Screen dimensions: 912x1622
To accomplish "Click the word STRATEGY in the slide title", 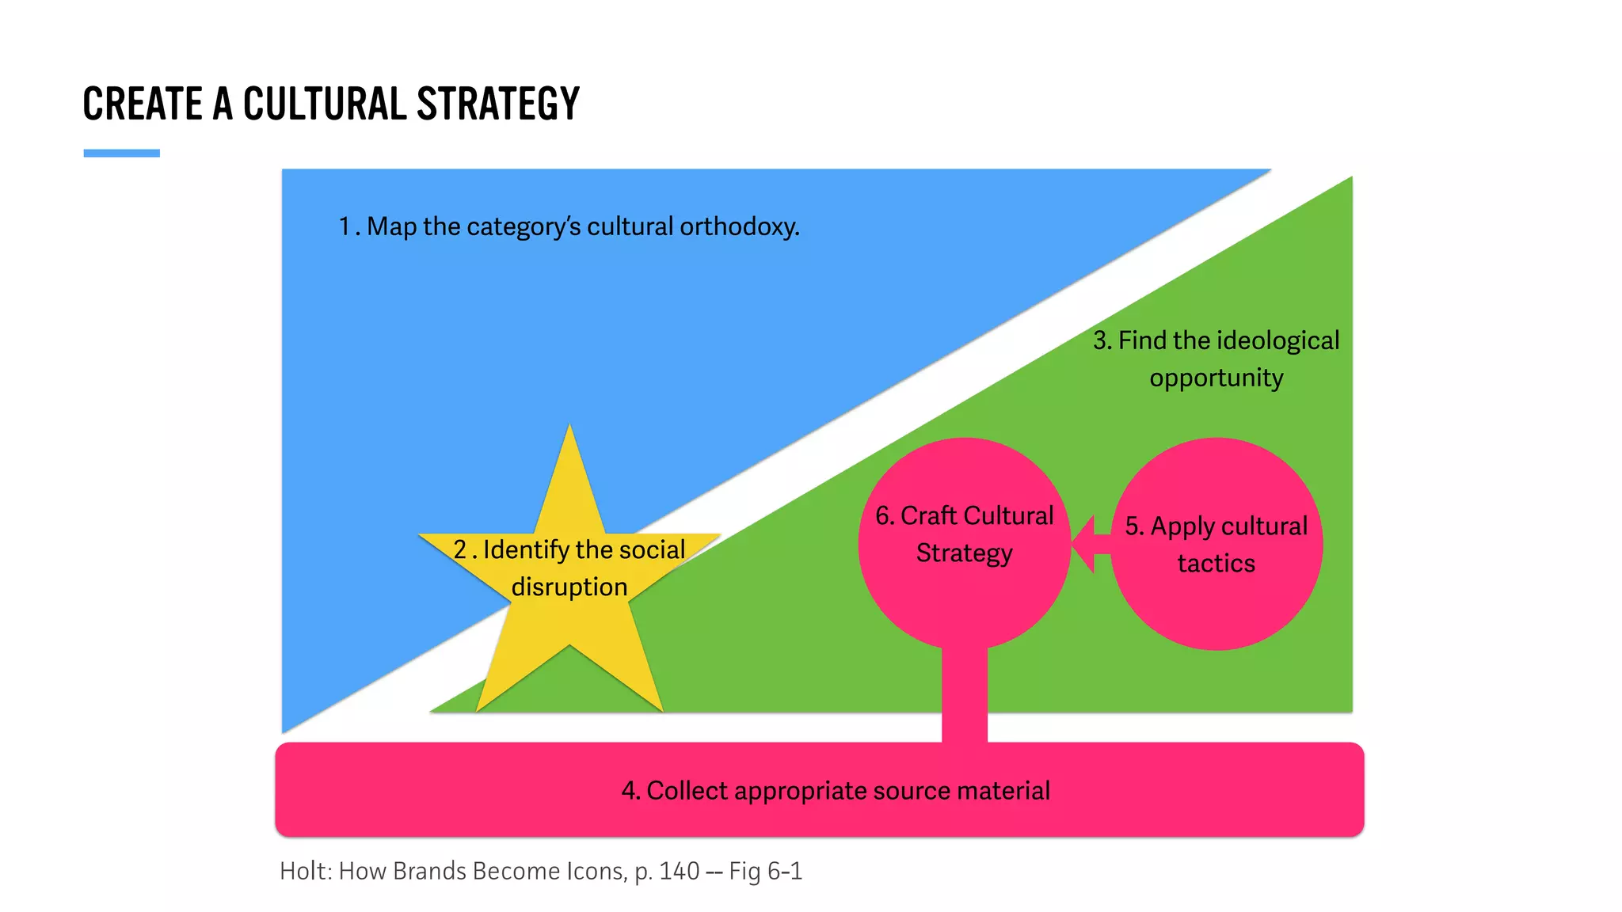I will (x=497, y=104).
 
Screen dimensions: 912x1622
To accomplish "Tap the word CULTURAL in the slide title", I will (x=324, y=104).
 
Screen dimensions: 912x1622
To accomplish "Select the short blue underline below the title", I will (x=121, y=153).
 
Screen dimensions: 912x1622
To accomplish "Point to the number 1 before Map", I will (x=345, y=227).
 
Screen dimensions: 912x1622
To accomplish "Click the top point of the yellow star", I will (x=569, y=428).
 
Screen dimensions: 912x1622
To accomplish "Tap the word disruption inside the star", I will (x=569, y=587).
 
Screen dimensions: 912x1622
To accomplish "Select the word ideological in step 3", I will (x=1277, y=341).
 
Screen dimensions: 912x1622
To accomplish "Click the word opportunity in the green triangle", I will (x=1216, y=378).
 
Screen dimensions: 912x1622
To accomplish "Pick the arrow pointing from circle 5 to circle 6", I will (x=1091, y=545).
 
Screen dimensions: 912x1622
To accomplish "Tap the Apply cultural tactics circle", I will (x=1216, y=610).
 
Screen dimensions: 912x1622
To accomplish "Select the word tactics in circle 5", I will (x=1216, y=564).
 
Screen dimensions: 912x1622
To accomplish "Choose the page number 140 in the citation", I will (x=679, y=872).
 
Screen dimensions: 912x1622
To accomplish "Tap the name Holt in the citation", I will (x=303, y=872).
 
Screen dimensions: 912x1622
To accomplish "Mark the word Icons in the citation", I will (x=596, y=872).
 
